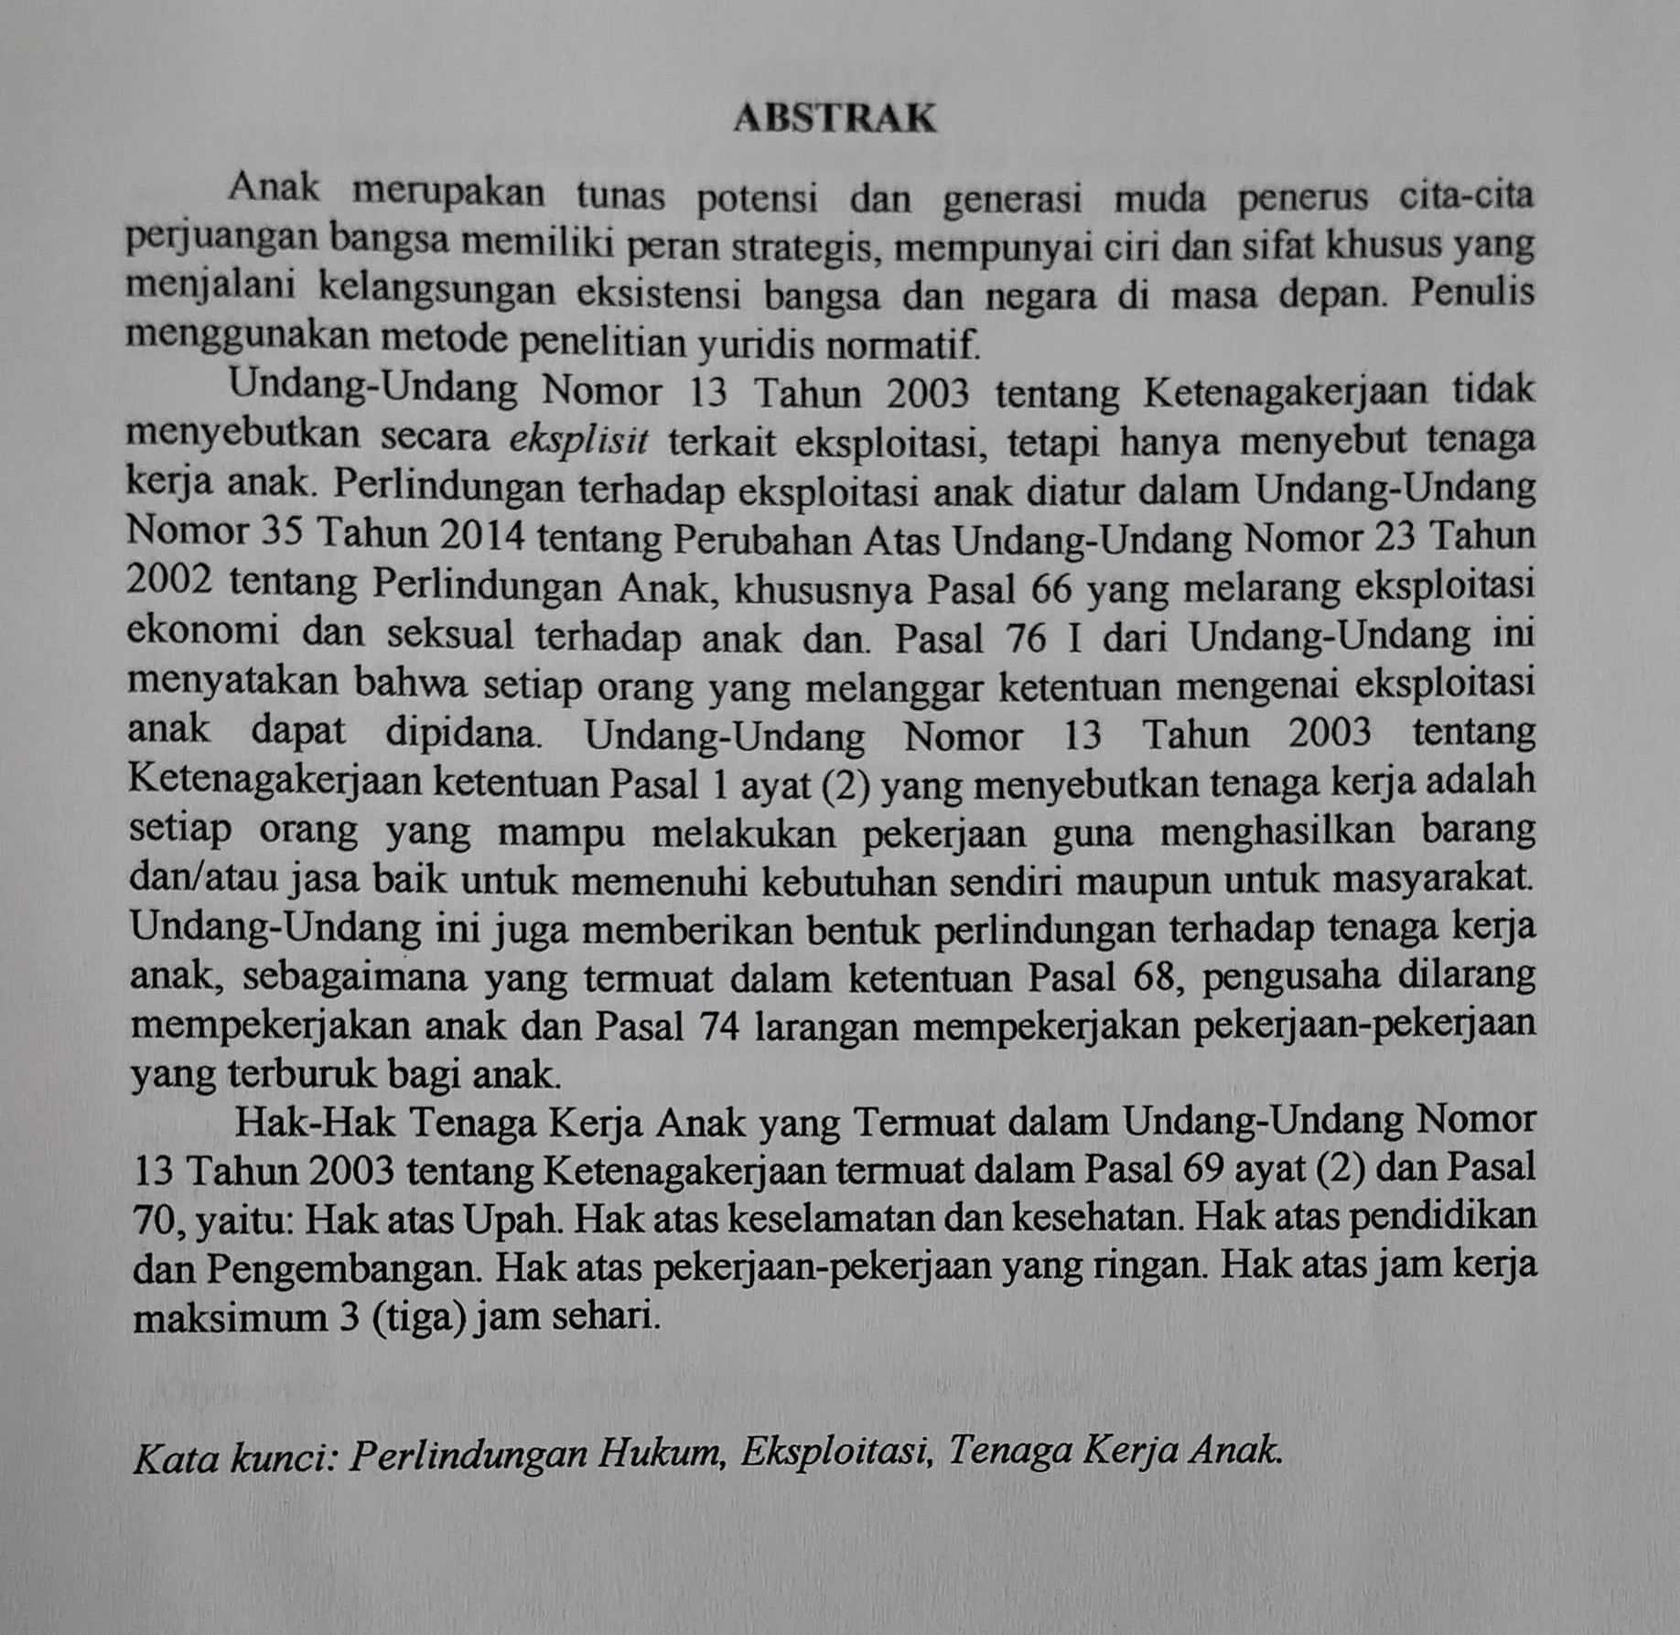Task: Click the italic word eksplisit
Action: [x=578, y=440]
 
